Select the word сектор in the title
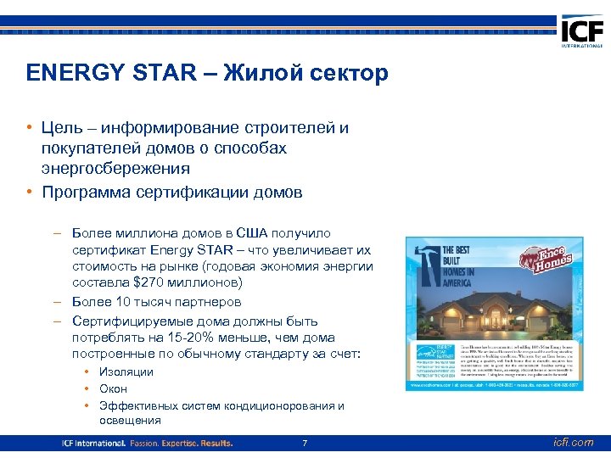[345, 74]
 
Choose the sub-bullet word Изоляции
[126, 372]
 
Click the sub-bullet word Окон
[113, 389]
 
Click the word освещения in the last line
[130, 421]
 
